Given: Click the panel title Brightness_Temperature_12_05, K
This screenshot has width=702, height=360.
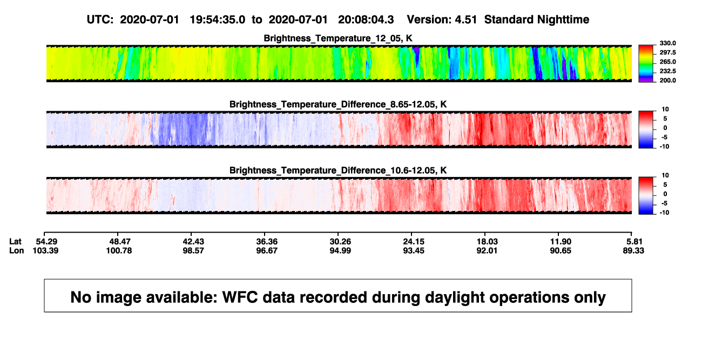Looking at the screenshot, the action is click(338, 38).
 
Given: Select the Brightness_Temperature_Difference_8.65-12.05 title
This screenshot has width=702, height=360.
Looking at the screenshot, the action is click(338, 104).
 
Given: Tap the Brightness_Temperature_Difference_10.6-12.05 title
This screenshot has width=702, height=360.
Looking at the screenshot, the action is click(338, 171).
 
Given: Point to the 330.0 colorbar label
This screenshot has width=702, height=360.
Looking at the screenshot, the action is click(667, 43).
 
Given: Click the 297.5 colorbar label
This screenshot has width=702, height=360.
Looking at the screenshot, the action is click(667, 53).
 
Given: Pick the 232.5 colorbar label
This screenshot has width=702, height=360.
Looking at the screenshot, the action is click(667, 71).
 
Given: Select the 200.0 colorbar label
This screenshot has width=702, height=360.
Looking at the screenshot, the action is click(667, 80).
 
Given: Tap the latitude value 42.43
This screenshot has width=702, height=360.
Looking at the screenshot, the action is click(193, 242).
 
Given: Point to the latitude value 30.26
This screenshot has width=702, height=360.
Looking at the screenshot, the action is click(340, 242).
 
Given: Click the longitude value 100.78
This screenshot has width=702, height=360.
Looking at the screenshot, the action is click(119, 250).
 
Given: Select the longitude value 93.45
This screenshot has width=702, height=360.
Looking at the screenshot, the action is click(413, 250).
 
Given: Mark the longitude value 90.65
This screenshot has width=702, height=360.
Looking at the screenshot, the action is click(561, 250).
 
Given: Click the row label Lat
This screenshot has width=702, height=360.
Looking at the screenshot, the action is click(15, 242).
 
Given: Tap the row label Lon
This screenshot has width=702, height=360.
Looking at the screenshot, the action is click(16, 250).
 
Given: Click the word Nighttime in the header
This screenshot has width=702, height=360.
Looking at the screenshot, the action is click(563, 20).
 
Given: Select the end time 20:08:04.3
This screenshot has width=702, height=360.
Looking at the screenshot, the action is click(366, 20).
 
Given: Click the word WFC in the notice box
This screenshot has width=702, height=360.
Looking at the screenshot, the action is click(240, 297).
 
